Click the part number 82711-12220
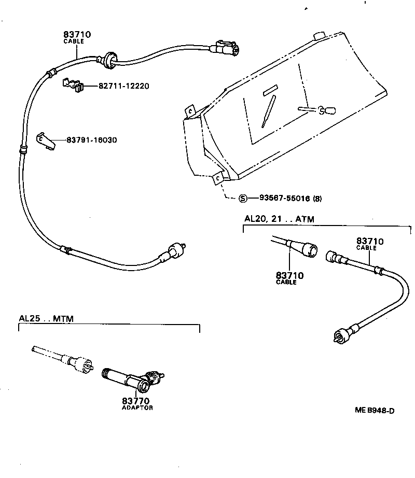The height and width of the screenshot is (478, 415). [x=123, y=86]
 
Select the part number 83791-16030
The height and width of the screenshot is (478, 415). [x=91, y=140]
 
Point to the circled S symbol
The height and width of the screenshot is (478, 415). [x=243, y=198]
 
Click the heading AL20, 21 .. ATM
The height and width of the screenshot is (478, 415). [x=279, y=219]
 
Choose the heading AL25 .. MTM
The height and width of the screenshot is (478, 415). [x=46, y=318]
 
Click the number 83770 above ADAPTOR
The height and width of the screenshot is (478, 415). [x=136, y=401]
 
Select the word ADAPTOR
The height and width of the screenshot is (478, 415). [x=137, y=408]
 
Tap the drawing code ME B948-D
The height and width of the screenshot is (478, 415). [x=375, y=411]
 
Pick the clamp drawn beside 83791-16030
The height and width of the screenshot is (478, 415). [x=46, y=141]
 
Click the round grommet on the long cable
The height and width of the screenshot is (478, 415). [x=109, y=59]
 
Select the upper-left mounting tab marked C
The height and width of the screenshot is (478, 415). [x=191, y=110]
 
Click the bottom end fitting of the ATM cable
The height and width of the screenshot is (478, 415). [x=340, y=336]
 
